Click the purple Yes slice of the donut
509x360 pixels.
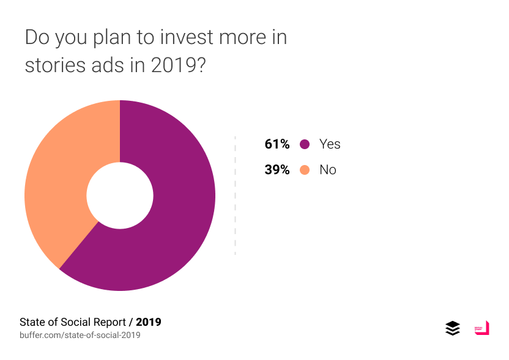(177, 214)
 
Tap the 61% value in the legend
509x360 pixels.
(277, 144)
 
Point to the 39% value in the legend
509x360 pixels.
(277, 170)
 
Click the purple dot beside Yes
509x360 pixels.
(305, 144)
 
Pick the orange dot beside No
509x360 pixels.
(305, 170)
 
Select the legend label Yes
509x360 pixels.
(330, 144)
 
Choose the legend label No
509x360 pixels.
(328, 170)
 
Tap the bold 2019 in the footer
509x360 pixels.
(149, 321)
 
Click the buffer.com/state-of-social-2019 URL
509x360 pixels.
(80, 335)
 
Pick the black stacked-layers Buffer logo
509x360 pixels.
(452, 328)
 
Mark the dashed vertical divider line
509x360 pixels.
(235, 196)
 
